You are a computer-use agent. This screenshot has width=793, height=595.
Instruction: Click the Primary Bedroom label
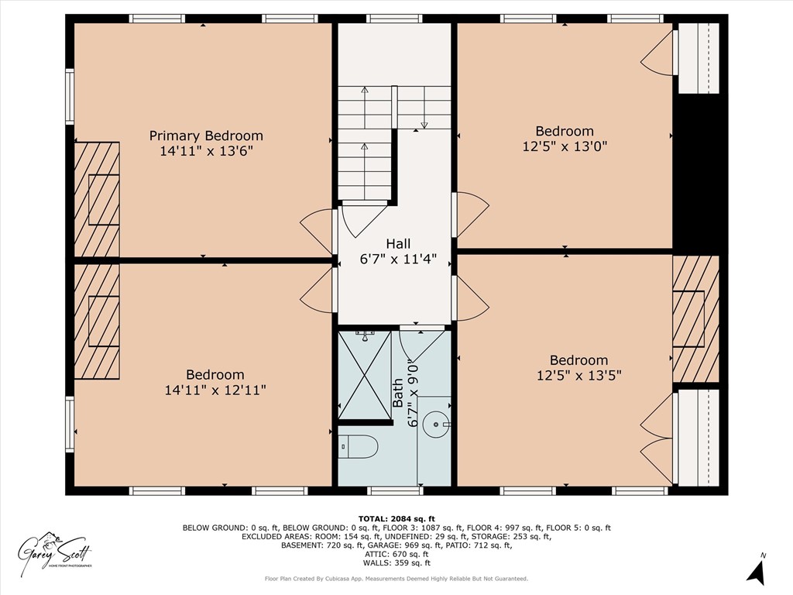[x=206, y=136]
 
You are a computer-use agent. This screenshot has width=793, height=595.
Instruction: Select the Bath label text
[x=397, y=392]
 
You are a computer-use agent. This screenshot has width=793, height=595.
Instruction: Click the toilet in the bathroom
[x=359, y=446]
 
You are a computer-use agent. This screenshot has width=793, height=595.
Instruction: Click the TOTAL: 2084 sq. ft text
[x=396, y=518]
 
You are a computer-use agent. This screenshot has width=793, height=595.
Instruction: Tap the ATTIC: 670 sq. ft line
[x=396, y=554]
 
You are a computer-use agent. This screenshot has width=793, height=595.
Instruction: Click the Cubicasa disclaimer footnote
[x=396, y=579]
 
